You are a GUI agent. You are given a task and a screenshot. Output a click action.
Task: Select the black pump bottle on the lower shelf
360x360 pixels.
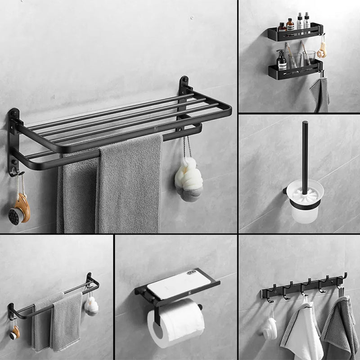click(x=282, y=61)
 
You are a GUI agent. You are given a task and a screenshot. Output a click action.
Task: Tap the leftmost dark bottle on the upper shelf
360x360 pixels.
click(x=282, y=27)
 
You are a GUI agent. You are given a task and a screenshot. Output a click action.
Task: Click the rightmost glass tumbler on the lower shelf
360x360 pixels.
click(x=309, y=59)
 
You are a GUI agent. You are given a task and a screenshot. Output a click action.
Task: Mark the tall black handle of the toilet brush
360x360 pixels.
click(x=305, y=153)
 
